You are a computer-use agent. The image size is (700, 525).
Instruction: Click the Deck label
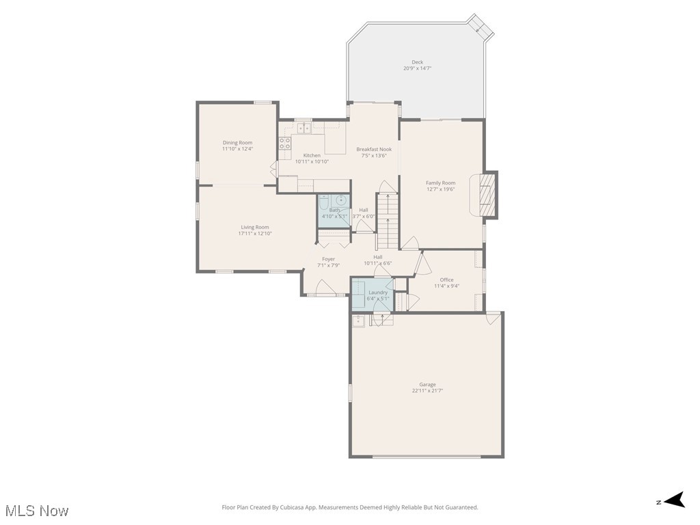(417, 62)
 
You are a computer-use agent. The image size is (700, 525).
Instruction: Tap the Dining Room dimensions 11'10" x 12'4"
(237, 149)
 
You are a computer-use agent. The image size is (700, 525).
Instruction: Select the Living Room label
(254, 227)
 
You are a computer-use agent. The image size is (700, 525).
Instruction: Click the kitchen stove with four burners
(284, 144)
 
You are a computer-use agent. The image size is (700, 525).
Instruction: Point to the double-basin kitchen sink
(304, 127)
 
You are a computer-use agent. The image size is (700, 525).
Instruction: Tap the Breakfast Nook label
(373, 149)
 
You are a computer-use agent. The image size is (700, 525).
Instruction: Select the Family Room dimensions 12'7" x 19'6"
(440, 189)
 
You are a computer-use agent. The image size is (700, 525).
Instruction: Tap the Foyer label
(329, 259)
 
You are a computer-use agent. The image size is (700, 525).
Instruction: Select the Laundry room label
(377, 293)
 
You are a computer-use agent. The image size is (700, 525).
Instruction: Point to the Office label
(446, 280)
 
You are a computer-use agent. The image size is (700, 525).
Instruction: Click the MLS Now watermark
(38, 511)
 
